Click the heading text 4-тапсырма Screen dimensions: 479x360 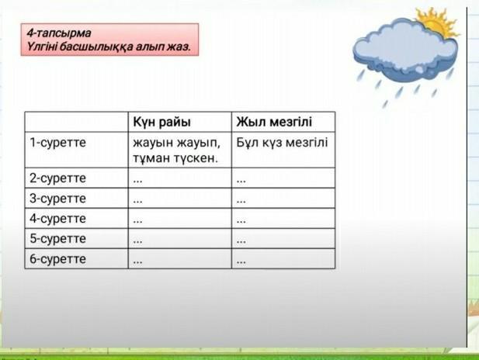point(59,33)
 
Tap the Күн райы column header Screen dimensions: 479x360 point(162,122)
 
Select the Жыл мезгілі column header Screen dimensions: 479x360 point(274,122)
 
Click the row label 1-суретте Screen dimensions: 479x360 point(57,143)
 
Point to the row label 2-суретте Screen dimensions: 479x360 point(57,178)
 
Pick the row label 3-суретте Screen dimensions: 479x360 point(57,199)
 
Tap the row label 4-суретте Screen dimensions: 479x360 point(57,219)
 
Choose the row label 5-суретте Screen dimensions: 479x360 point(57,239)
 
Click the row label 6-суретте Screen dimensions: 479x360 point(57,259)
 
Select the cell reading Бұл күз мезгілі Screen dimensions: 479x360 point(282,143)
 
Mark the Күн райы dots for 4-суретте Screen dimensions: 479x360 point(137,222)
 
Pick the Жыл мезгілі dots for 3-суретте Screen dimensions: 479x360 point(241,202)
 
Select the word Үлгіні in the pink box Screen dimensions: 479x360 point(42,47)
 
